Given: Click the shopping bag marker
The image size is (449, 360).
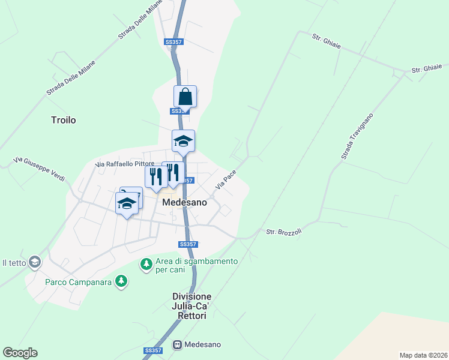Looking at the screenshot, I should (185, 97).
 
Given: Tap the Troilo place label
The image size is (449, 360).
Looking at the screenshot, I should (64, 120).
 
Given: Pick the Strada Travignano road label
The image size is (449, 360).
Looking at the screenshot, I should (357, 136).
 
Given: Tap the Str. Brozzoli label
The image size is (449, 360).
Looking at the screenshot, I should (284, 232).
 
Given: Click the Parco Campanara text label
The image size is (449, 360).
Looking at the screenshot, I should (78, 281).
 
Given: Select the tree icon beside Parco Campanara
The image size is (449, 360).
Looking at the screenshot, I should (122, 281).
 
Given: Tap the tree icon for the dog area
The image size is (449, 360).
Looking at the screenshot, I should (146, 264).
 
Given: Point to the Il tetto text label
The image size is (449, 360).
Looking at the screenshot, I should (13, 263).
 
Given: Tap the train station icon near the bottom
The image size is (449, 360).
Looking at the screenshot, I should (177, 344).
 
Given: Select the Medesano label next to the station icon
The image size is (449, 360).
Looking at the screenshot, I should (203, 344).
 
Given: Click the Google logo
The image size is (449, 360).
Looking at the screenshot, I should (20, 352).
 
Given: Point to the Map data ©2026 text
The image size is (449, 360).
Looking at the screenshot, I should (423, 355).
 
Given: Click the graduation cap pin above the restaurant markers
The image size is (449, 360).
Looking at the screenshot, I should (183, 141).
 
